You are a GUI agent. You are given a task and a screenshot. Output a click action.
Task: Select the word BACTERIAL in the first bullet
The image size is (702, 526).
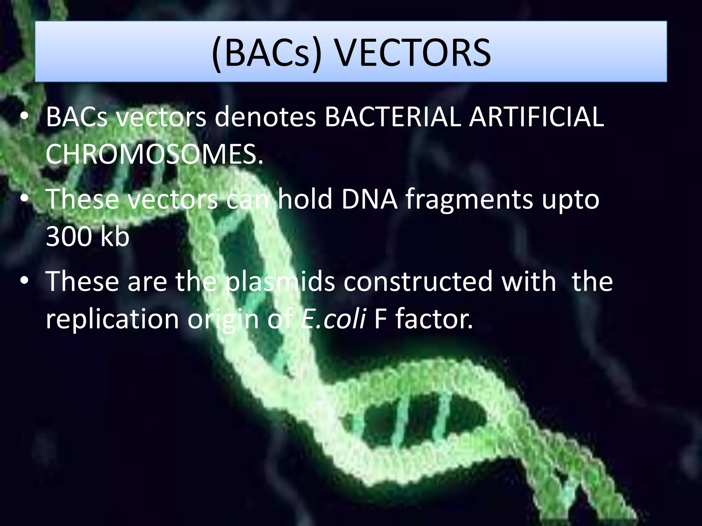pyautogui.click(x=392, y=117)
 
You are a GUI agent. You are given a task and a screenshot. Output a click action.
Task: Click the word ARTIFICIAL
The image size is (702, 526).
pyautogui.click(x=536, y=117)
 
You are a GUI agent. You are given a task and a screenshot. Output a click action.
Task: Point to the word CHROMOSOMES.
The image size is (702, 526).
pyautogui.click(x=154, y=154)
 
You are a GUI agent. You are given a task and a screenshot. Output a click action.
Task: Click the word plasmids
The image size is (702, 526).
pyautogui.click(x=280, y=281)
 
